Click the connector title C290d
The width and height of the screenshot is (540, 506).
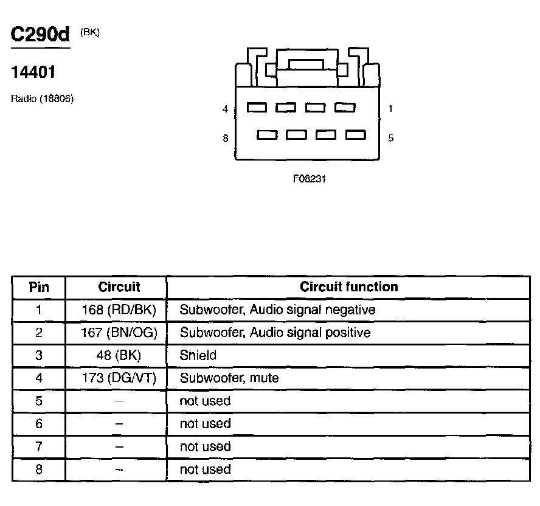[x=41, y=35]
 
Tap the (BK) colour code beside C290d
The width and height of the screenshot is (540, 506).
[x=89, y=33]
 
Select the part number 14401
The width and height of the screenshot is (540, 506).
[x=33, y=72]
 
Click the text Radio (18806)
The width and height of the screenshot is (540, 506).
[x=42, y=99]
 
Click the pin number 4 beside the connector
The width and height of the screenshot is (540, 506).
[x=225, y=109]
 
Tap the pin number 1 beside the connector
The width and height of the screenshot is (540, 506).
[x=390, y=109]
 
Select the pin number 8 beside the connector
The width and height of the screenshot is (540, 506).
[x=225, y=138]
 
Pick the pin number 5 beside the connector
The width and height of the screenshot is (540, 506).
[x=390, y=138]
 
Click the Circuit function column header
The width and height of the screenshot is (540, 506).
[x=349, y=286]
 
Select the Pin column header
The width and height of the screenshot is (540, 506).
[x=39, y=287]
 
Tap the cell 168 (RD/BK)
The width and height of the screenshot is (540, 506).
[x=119, y=310]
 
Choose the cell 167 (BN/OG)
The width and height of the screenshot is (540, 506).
[x=119, y=333]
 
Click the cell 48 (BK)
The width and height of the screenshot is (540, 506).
[x=119, y=355]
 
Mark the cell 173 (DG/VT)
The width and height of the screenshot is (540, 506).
[x=119, y=378]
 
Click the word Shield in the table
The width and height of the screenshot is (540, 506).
[x=198, y=355]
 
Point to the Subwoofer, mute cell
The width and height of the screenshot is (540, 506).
[x=229, y=378]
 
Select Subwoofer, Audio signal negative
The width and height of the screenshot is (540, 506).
[x=277, y=310]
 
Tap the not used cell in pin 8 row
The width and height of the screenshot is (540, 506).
[x=205, y=469]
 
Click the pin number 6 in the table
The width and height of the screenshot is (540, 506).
[x=39, y=424]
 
